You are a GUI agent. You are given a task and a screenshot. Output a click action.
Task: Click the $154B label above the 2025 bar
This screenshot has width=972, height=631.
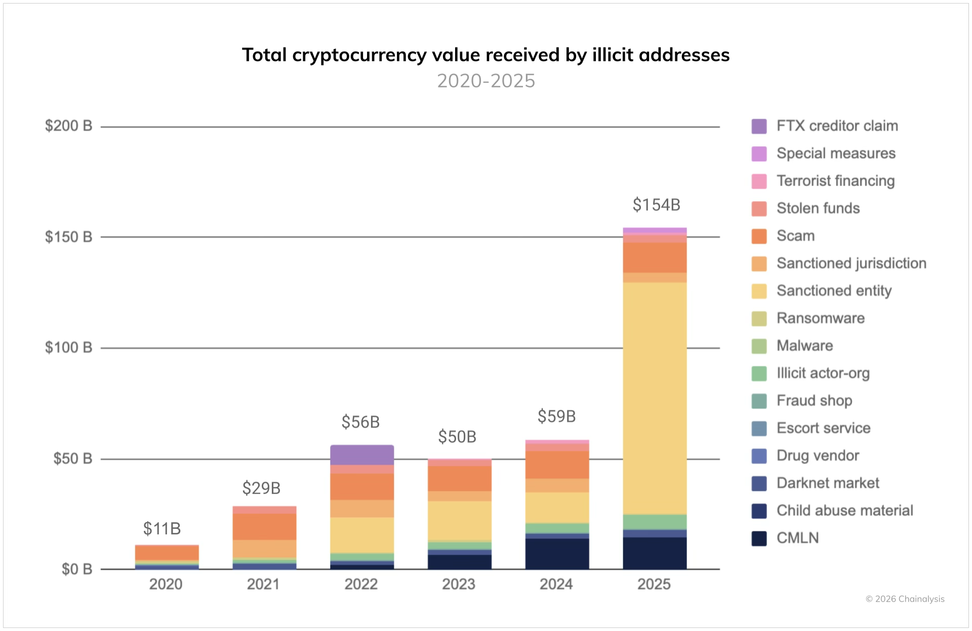point(656,205)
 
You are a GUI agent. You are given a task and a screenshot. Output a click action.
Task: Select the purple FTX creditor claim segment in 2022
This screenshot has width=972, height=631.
point(362,455)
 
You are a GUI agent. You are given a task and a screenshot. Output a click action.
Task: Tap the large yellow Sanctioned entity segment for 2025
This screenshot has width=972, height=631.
point(655,398)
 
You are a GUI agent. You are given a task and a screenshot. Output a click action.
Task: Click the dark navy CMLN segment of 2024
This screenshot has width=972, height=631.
point(557,554)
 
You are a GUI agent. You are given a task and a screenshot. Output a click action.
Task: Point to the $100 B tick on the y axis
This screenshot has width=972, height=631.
point(68,348)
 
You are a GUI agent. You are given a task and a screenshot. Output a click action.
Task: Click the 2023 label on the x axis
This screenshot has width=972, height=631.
point(459,584)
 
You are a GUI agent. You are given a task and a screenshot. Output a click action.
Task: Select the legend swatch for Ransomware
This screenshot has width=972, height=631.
point(759,318)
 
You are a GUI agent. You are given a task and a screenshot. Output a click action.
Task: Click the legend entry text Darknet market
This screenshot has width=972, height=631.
point(828,483)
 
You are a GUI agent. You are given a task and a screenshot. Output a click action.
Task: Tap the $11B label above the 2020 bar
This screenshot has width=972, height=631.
point(162,529)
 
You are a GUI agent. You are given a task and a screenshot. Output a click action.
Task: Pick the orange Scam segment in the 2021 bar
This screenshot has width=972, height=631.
point(264,527)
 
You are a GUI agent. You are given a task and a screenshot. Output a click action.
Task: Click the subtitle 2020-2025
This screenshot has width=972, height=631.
point(486,81)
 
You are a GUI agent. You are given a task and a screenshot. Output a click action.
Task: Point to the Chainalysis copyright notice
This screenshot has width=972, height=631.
point(905,599)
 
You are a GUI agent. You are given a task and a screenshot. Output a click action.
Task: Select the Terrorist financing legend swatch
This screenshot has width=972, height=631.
point(759,181)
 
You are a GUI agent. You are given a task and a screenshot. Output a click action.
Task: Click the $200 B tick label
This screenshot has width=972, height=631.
point(68,125)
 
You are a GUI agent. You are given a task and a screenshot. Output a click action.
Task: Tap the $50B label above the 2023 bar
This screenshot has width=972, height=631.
point(457,437)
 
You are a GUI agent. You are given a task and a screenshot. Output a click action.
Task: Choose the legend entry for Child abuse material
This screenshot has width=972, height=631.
point(844,510)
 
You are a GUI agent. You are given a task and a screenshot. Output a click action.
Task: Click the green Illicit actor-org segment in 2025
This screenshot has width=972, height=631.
point(655,522)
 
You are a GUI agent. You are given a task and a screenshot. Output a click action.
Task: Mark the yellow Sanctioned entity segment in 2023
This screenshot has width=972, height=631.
point(459,521)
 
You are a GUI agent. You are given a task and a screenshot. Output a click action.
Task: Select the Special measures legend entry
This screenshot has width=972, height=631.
point(836,153)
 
